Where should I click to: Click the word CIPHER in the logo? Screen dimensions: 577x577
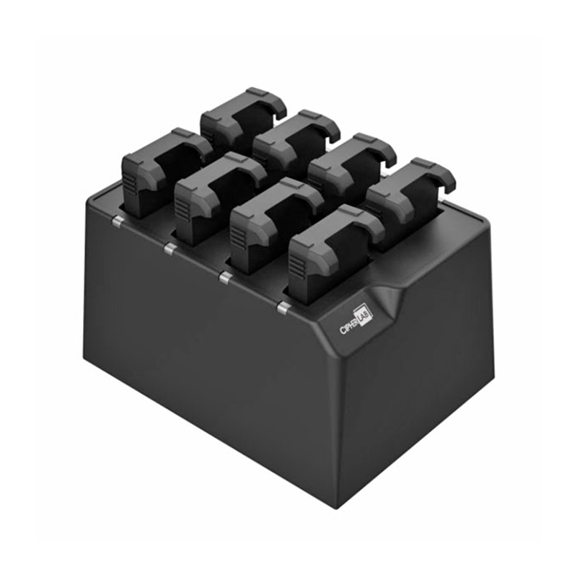[349, 326]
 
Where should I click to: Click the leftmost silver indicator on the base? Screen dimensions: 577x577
[118, 221]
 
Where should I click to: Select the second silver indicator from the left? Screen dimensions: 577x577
[169, 249]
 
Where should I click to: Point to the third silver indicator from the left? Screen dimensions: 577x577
[225, 277]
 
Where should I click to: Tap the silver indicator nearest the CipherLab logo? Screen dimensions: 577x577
[283, 308]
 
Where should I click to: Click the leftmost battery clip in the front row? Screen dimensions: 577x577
[167, 172]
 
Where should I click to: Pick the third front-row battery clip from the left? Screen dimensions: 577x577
[277, 226]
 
